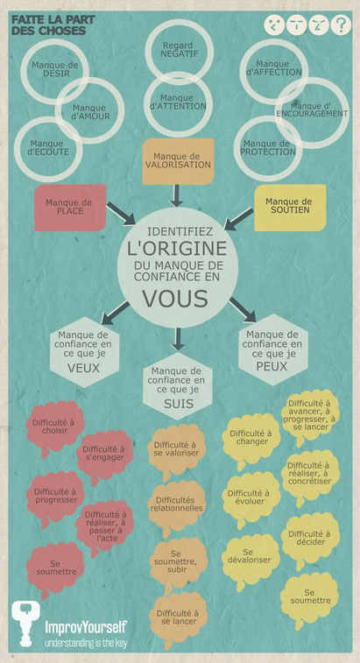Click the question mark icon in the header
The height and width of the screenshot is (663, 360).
pyautogui.click(x=341, y=25)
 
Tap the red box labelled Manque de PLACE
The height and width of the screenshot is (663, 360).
pyautogui.click(x=70, y=208)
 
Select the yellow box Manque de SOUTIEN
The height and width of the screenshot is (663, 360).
pyautogui.click(x=290, y=208)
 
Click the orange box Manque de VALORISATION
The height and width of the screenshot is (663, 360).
pyautogui.click(x=178, y=161)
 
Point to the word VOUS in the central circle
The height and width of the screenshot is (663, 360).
pyautogui.click(x=175, y=299)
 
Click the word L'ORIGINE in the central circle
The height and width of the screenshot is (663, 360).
pyautogui.click(x=177, y=249)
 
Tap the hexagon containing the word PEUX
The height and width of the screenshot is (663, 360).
pyautogui.click(x=273, y=349)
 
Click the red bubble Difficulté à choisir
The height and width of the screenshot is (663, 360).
pyautogui.click(x=55, y=427)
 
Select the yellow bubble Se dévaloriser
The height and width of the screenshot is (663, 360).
pyautogui.click(x=251, y=559)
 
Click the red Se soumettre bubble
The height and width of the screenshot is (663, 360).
pyautogui.click(x=55, y=568)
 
